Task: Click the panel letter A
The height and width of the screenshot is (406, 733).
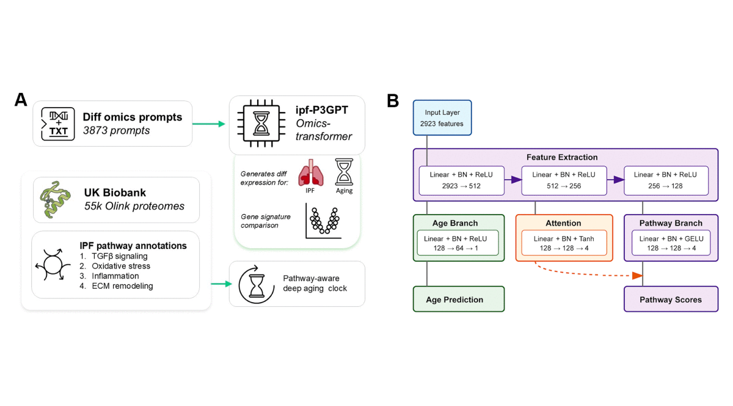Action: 21,100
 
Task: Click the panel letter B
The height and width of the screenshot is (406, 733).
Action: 394,100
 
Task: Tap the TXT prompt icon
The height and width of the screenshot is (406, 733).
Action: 57,124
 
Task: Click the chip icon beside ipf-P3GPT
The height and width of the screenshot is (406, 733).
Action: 260,125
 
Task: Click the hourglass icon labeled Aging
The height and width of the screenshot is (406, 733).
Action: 345,171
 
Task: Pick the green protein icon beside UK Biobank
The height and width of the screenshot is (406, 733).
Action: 55,200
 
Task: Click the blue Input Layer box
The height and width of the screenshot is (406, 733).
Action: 442,118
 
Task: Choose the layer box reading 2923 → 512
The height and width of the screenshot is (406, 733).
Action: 462,180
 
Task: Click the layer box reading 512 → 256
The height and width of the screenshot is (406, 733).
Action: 563,180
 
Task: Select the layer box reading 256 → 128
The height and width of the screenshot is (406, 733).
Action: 665,180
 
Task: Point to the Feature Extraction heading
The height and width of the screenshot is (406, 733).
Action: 562,157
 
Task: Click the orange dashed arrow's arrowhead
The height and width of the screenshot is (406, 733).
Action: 637,276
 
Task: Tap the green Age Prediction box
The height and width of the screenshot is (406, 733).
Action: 458,300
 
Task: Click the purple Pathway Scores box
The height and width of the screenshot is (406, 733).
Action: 670,300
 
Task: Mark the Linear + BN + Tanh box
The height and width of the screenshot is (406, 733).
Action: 564,243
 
